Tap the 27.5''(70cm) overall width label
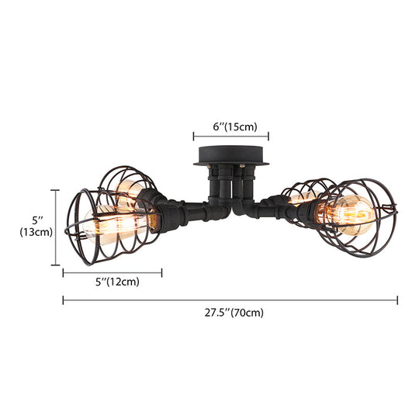[x=230, y=313]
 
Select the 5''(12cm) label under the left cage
[x=113, y=283]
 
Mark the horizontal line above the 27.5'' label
[x=230, y=300]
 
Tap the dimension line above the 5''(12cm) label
[x=113, y=272]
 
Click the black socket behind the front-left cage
[x=162, y=213]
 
